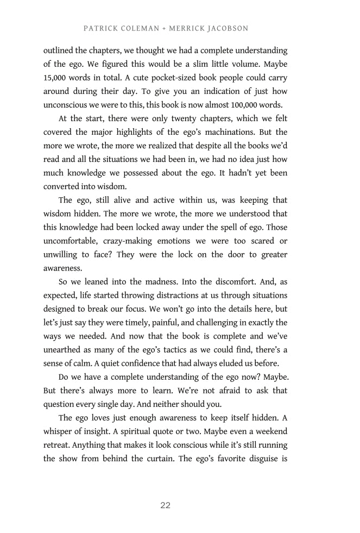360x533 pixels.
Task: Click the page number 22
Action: coord(166,505)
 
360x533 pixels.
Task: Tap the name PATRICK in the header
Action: coord(99,28)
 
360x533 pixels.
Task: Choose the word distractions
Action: coord(179,295)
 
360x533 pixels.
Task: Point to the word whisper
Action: coord(59,431)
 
